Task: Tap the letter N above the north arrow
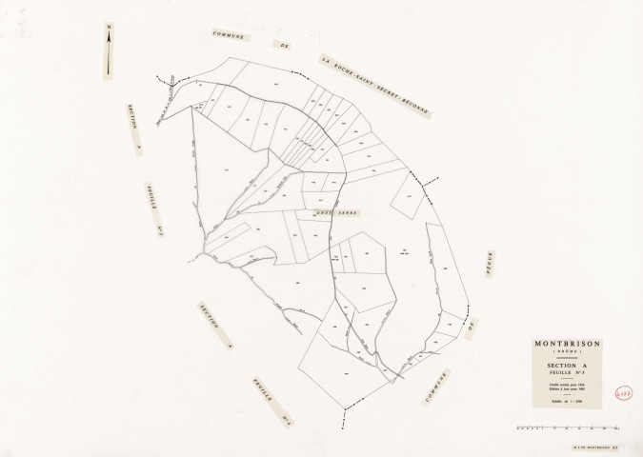click(110, 27)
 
